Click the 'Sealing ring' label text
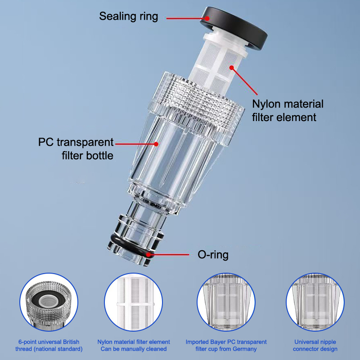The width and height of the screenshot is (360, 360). click(x=129, y=17)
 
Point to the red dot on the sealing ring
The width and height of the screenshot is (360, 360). click(x=207, y=18)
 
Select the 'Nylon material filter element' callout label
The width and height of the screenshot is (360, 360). click(x=288, y=111)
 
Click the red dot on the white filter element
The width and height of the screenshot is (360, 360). click(x=232, y=68)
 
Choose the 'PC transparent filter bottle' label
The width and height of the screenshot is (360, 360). click(x=76, y=149)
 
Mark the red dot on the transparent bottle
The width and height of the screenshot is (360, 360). click(x=156, y=144)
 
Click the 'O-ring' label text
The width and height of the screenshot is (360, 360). click(x=213, y=255)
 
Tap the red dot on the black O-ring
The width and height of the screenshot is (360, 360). click(x=149, y=254)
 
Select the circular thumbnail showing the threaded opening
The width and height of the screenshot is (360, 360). click(x=49, y=302)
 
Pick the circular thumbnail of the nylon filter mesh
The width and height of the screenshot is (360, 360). click(x=133, y=302)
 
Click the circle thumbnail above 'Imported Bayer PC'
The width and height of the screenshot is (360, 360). click(x=226, y=302)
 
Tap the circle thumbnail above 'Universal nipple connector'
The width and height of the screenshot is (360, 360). click(x=315, y=302)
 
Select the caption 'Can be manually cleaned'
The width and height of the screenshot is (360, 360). click(x=133, y=349)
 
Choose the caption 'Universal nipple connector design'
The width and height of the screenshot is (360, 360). click(x=315, y=346)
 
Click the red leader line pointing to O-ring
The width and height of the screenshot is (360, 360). click(x=169, y=254)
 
